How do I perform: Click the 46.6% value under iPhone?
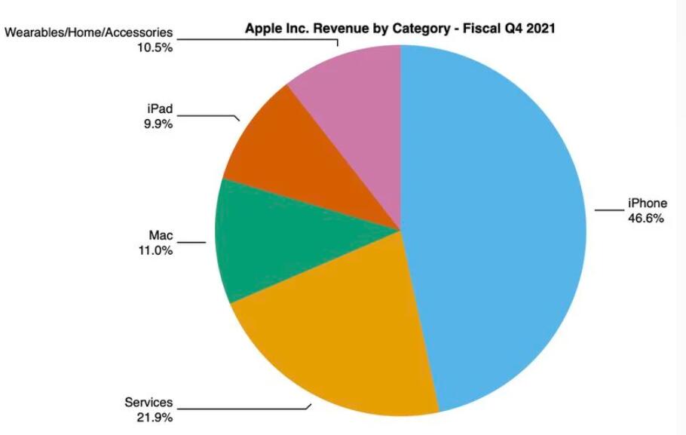pyautogui.click(x=646, y=218)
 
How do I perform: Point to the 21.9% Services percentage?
pyautogui.click(x=155, y=418)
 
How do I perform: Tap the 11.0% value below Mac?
pyautogui.click(x=155, y=250)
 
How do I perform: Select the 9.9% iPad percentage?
pyautogui.click(x=158, y=124)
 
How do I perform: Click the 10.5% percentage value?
pyautogui.click(x=155, y=47)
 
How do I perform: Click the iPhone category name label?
pyautogui.click(x=648, y=203)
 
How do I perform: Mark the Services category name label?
pyautogui.click(x=149, y=402)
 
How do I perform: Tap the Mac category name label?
pyautogui.click(x=161, y=235)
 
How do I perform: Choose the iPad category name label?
pyautogui.click(x=160, y=109)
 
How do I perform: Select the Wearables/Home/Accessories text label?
pyautogui.click(x=89, y=32)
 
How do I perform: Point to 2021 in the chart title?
pyautogui.click(x=541, y=29)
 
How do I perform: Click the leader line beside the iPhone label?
pyautogui.click(x=609, y=210)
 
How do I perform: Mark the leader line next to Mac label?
pyautogui.click(x=191, y=243)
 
